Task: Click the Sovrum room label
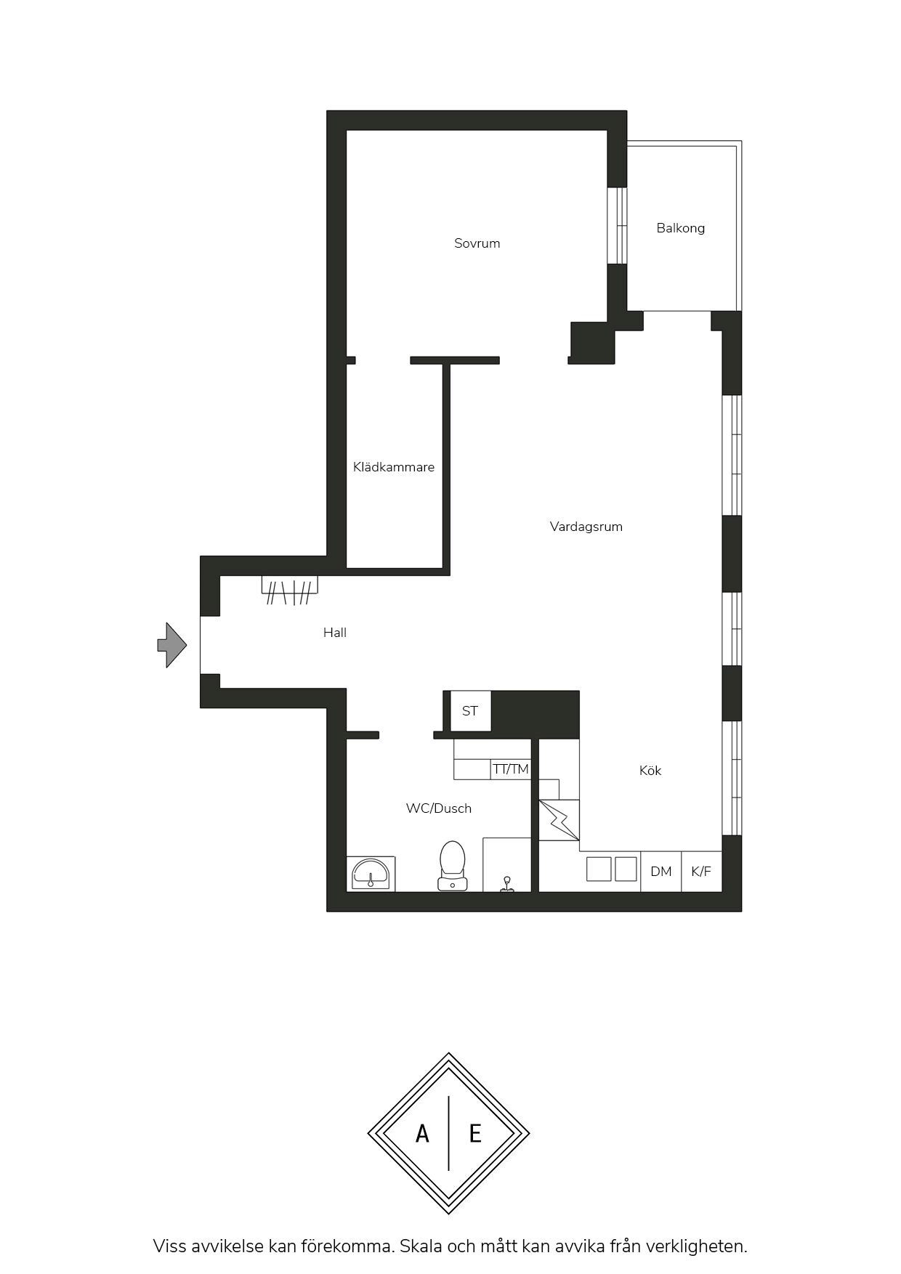point(477,243)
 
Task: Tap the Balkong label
point(680,228)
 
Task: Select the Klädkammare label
point(394,467)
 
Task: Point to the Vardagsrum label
point(586,527)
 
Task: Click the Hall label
point(335,633)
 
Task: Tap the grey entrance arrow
point(172,645)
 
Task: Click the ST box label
point(470,711)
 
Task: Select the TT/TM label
point(511,769)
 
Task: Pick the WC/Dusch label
point(439,808)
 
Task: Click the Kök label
point(650,771)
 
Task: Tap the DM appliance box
point(661,872)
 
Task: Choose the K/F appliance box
point(702,872)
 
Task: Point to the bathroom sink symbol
point(371,874)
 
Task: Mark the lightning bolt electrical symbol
point(559,820)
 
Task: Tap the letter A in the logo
point(422,1133)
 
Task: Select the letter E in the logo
point(475,1133)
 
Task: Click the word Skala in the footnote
point(421,1246)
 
